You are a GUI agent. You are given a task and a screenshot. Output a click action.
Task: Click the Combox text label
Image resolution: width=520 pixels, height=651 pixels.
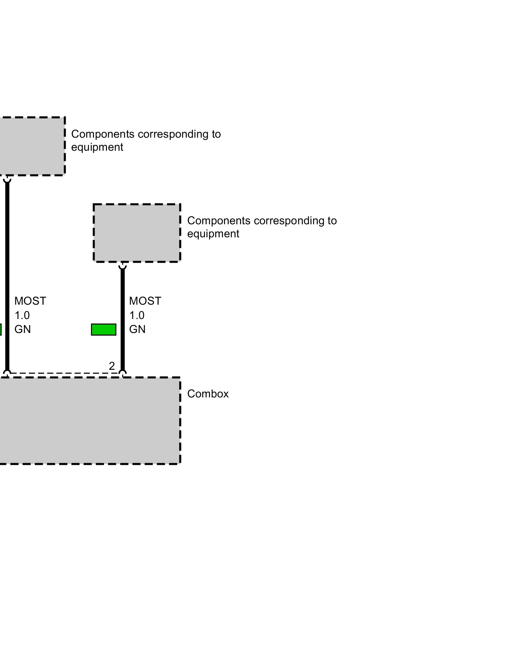point(208,394)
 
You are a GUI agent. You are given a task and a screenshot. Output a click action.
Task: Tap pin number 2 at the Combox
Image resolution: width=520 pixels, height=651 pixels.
point(112,366)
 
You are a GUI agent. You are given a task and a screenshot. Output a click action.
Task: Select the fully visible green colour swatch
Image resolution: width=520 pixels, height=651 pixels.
point(104,329)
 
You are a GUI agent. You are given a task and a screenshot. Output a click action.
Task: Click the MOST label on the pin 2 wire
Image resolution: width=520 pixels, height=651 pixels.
point(145,301)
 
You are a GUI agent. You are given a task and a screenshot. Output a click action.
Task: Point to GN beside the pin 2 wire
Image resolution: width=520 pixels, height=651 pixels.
point(137,329)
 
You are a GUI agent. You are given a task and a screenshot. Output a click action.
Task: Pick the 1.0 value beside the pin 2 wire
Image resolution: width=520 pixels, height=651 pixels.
point(137,315)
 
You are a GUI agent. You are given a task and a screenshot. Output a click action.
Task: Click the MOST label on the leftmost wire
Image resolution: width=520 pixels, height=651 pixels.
point(30,301)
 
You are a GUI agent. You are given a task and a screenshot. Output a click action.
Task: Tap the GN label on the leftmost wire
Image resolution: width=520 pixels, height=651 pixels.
point(22,329)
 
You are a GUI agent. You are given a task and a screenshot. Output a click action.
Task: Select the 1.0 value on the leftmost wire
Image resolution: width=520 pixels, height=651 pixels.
point(22,315)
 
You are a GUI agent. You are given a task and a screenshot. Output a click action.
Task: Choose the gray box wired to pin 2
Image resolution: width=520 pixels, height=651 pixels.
point(137,233)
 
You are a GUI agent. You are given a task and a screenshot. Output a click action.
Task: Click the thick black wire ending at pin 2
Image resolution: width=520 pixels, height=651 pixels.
point(123,319)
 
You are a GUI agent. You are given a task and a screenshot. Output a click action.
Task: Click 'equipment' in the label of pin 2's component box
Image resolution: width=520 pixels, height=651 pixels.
point(213,234)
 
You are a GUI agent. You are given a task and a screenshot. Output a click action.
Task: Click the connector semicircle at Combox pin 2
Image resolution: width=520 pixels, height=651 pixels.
point(123,373)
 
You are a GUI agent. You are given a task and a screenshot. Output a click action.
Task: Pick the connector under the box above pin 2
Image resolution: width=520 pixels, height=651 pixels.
point(123,266)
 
